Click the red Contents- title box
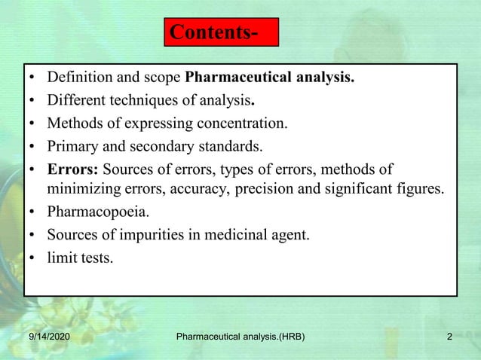tap(221, 32)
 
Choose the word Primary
tap(72, 145)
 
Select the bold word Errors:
tap(72, 168)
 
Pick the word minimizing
tap(84, 188)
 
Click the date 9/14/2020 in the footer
tap(44, 337)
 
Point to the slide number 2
tap(449, 337)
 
